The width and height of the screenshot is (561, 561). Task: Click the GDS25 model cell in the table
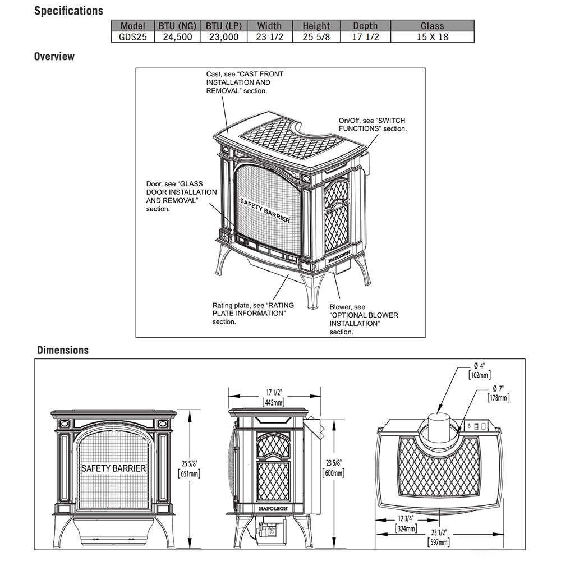[133, 37]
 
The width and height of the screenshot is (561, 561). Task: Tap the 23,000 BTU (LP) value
[222, 37]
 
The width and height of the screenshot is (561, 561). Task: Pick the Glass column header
[432, 26]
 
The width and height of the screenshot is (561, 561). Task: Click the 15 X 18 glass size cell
[432, 37]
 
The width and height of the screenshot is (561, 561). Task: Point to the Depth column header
[365, 26]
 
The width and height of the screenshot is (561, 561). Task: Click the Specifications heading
[68, 11]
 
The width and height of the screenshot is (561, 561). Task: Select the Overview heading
[54, 57]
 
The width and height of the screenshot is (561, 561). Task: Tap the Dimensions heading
[63, 350]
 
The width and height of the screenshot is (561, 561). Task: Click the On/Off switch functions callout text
[372, 125]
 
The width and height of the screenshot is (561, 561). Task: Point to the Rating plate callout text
[252, 313]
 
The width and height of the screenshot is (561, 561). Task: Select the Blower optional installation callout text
[363, 319]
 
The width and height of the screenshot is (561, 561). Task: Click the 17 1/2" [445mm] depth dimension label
[273, 397]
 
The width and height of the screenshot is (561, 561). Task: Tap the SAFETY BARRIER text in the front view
[114, 468]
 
